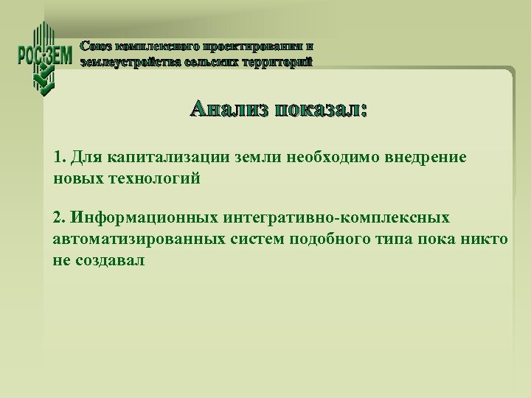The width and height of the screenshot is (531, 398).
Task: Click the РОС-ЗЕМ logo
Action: (44, 58)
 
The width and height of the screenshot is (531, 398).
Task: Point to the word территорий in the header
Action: (276, 62)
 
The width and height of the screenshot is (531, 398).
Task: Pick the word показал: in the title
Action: (320, 111)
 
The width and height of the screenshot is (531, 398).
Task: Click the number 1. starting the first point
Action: (60, 158)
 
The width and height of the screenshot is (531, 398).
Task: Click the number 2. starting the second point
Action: (60, 218)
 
